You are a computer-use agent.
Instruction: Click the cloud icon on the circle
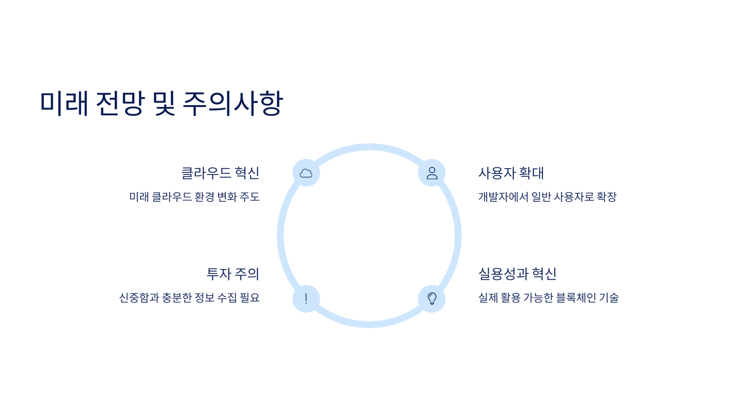point(306,173)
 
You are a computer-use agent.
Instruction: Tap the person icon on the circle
point(432,173)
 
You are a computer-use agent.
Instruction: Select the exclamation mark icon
point(306,298)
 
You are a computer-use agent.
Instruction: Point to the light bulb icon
point(432,298)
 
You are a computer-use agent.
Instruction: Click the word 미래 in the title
point(64,103)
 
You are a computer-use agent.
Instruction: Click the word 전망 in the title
point(120,103)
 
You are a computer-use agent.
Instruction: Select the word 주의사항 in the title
point(232,103)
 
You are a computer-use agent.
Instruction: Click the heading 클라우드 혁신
point(220,173)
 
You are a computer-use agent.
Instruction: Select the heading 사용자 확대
point(511,173)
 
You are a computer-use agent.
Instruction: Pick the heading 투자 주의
point(233,274)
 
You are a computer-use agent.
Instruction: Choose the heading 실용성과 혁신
point(518,274)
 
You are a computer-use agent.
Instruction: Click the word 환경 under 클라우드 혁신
point(204,197)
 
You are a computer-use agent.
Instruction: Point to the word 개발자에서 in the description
point(503,197)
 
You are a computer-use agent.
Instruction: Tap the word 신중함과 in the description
point(139,298)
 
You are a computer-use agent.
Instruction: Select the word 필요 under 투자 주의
point(250,298)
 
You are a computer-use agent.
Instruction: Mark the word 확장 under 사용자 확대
point(606,197)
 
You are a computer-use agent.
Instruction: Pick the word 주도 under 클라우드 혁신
point(250,197)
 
